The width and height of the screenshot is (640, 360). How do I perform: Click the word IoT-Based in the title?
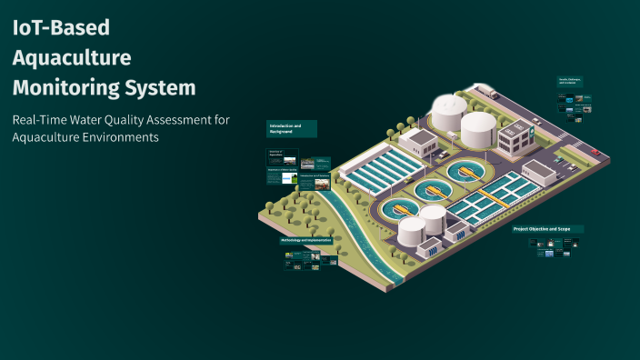(x=61, y=27)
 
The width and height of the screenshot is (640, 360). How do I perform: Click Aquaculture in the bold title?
(x=72, y=58)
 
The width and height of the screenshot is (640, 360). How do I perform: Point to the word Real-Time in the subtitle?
(x=37, y=120)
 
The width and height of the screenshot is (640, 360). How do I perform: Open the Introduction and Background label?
(x=291, y=128)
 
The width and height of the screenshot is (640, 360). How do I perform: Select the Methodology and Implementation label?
(x=305, y=240)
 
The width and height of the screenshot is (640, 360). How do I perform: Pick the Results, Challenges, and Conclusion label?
(x=570, y=82)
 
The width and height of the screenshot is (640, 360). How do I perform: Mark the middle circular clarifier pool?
(x=433, y=190)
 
